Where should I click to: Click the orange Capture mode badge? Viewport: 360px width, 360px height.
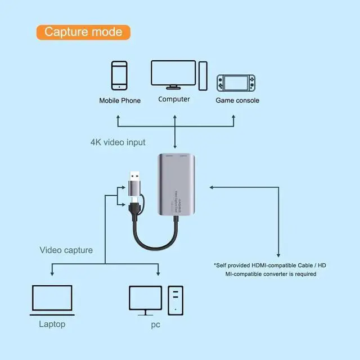click(83, 31)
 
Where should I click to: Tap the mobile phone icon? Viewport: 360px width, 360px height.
click(119, 75)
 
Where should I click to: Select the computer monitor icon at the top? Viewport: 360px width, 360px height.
click(173, 73)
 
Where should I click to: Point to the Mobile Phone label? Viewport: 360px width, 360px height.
click(120, 101)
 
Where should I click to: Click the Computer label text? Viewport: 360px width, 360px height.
click(174, 100)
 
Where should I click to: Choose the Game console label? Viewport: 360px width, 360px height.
click(237, 101)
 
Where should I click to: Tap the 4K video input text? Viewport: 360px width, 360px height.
click(118, 142)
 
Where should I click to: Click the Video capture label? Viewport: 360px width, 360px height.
click(66, 250)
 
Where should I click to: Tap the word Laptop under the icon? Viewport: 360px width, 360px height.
click(52, 324)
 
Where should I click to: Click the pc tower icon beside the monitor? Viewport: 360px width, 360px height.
click(175, 300)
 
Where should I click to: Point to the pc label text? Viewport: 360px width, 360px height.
click(156, 325)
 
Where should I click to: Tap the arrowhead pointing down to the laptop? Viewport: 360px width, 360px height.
click(52, 273)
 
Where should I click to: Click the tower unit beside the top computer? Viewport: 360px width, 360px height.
click(202, 75)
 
